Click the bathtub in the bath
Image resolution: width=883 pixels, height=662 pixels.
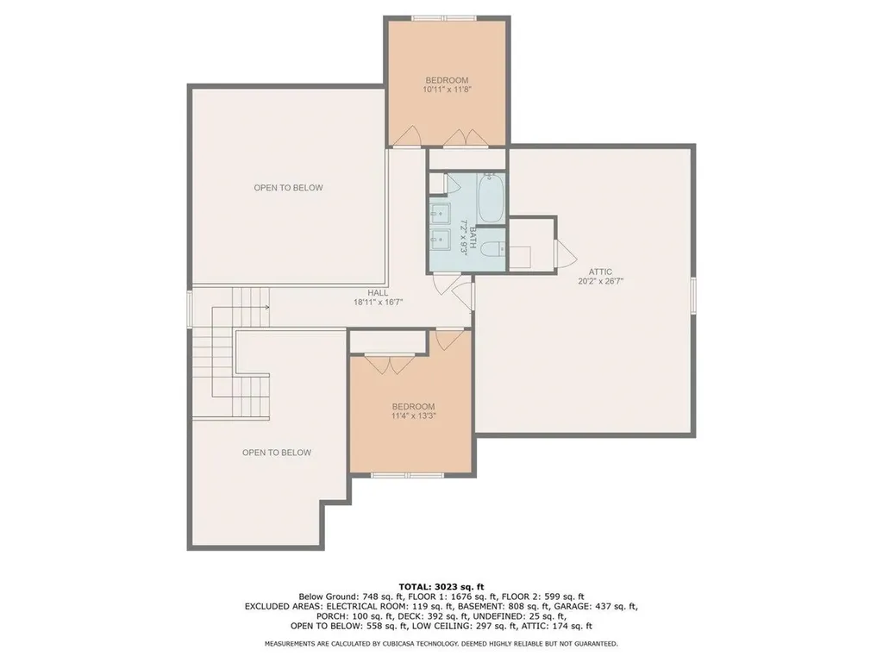point(491,199)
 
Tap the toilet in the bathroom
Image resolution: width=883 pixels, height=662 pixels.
point(493,249)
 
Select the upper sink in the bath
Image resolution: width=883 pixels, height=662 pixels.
point(441,213)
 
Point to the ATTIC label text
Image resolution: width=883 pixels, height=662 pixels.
point(600,272)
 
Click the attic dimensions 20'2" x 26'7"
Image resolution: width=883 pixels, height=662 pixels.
point(600,281)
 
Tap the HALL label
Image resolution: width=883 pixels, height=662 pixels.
point(378,293)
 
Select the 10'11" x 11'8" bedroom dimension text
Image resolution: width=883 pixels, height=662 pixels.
point(447,89)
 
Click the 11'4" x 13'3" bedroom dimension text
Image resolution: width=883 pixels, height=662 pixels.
point(414,416)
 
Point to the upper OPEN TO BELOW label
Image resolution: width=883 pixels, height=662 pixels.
point(288,187)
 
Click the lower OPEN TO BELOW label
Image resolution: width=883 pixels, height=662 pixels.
point(277,453)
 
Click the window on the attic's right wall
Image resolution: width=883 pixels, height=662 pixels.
point(693,295)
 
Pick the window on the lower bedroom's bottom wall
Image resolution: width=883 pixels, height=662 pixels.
point(408,475)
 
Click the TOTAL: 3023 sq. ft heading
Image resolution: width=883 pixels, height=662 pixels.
point(441,586)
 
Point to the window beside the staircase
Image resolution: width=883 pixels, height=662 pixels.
point(190,308)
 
